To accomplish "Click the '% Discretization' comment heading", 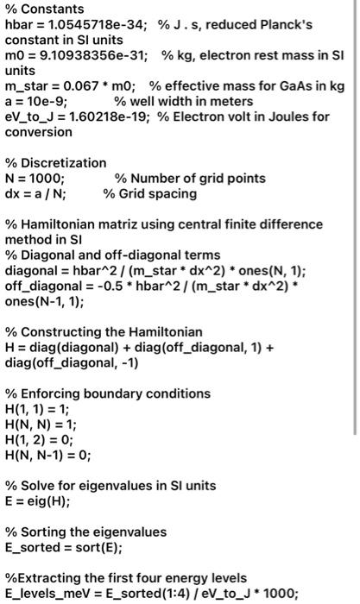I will (56, 163).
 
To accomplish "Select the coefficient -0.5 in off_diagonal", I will (105, 286).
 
